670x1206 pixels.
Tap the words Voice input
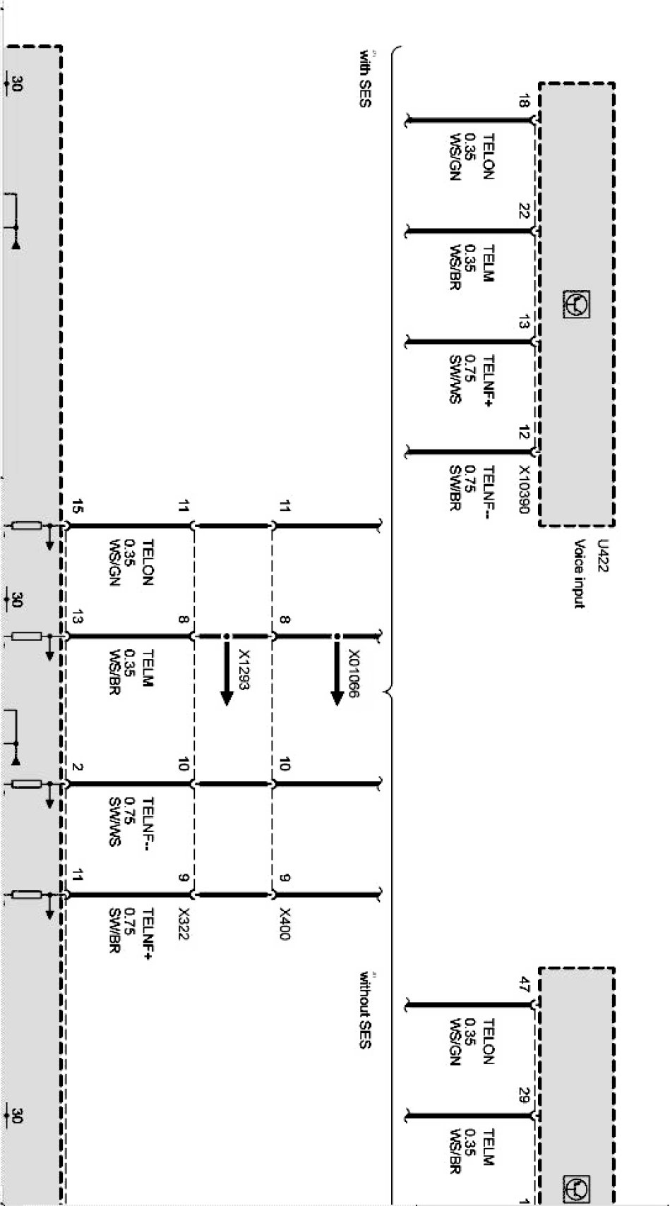[x=580, y=573]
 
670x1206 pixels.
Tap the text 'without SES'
[x=365, y=1010]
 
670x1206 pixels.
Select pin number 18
[x=523, y=102]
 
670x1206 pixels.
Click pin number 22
[x=523, y=212]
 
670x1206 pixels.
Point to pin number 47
[x=523, y=986]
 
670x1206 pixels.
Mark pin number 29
[x=523, y=1096]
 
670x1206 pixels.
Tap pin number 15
[x=77, y=507]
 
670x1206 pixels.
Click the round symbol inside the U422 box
[x=577, y=305]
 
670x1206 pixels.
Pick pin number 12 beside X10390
[x=523, y=433]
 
